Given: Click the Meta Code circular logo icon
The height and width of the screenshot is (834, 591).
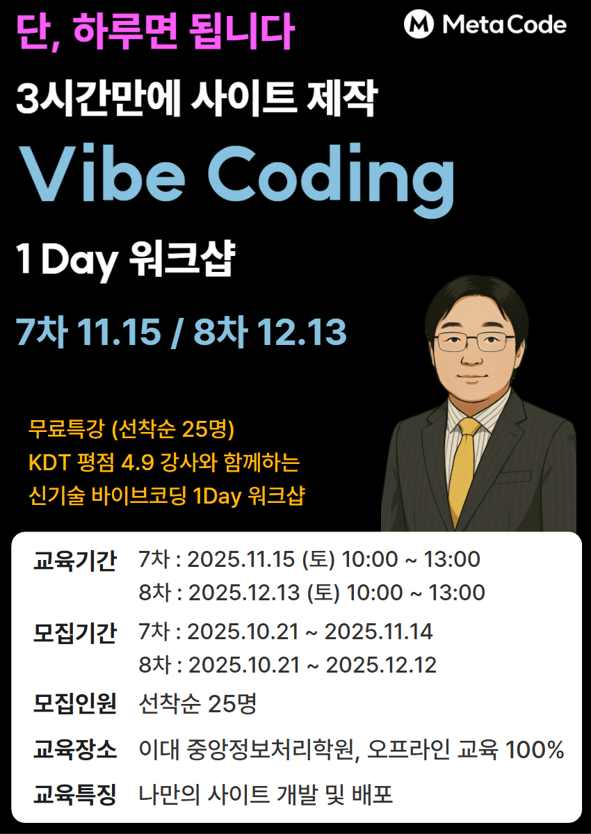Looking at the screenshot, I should coord(419,25).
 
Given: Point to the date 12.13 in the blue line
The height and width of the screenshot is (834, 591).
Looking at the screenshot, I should coord(301,333).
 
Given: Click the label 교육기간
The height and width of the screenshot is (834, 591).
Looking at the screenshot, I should coord(74,560).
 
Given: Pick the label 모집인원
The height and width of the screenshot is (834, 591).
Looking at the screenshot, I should coord(74,705).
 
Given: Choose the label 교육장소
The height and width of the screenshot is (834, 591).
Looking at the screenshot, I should coord(74,751).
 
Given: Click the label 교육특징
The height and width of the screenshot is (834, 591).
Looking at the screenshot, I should coord(74,794).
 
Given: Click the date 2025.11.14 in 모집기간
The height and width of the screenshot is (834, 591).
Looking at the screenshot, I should coord(378,632).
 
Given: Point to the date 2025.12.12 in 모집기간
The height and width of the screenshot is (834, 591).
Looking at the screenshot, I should coord(381,666).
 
